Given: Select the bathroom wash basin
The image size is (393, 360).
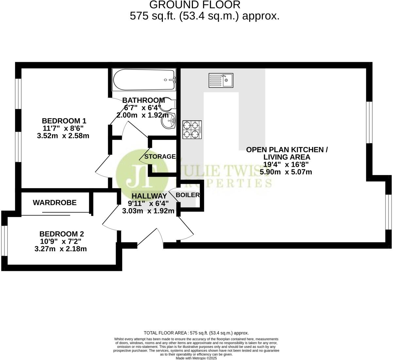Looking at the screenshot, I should pos(168,121).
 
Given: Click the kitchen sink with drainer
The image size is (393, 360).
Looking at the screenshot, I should pos(221,80).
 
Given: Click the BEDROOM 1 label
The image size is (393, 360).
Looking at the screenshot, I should pos(64,121).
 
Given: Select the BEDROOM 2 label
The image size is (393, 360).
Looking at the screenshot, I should pos(61,234).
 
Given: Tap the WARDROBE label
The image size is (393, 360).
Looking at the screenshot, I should pos(55,203).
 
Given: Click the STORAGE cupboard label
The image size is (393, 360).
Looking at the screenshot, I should pos(160,156).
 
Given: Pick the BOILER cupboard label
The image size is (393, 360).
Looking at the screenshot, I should pos(188,195).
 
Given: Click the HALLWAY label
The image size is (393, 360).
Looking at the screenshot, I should pos(149,196).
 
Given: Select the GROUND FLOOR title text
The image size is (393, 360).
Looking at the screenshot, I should pos(195,5).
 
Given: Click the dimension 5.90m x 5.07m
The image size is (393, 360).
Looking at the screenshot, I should pos(286,172).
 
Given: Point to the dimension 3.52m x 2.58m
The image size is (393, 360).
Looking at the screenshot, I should pos(63,136).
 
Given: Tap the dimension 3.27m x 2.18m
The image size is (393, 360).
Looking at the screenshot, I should pos(60,249).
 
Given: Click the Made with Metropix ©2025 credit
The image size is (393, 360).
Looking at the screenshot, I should pos(196,358).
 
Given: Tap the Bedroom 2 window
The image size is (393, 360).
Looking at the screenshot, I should pos(4,241).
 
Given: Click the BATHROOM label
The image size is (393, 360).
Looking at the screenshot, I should pos(143,100).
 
